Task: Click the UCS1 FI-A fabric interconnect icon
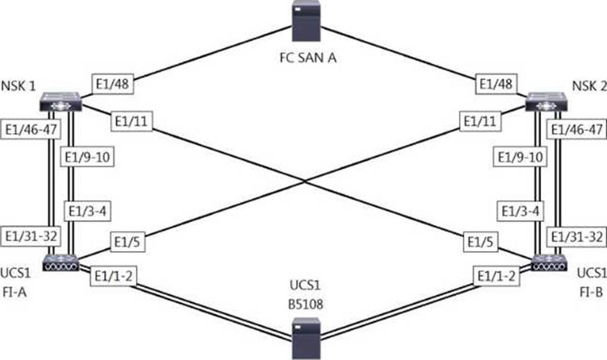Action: tap(61, 262)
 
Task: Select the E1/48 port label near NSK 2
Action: tap(495, 84)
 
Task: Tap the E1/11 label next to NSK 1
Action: tap(132, 121)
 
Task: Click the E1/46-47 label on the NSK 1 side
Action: tap(31, 130)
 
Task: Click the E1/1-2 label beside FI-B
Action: tap(496, 278)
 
